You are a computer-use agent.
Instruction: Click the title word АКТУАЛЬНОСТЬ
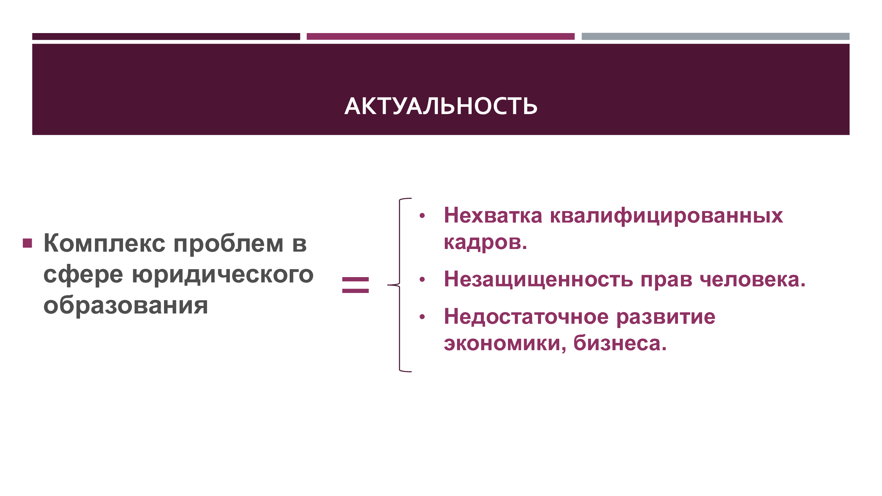[x=441, y=106]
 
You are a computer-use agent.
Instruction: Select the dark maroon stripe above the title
[x=166, y=36]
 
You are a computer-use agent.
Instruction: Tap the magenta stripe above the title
[x=440, y=36]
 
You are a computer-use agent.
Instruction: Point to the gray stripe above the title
[x=715, y=36]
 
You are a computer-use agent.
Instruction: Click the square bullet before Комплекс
[x=27, y=243]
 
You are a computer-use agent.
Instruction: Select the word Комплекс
[x=105, y=243]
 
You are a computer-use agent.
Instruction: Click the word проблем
[x=229, y=244]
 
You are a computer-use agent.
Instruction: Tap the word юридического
[x=223, y=275]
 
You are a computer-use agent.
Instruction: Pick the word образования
[x=126, y=305]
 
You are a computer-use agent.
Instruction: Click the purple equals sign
[x=356, y=285]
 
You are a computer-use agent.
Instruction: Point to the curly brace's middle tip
[x=388, y=285]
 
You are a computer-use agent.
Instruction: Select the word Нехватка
[x=493, y=215]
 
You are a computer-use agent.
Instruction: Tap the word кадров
[x=485, y=243]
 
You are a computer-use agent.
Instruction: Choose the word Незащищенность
[x=538, y=279]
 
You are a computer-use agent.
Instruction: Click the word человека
[x=753, y=279]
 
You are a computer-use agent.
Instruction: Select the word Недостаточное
[x=526, y=316]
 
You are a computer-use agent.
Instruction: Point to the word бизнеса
[x=620, y=343]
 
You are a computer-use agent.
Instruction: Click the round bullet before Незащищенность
[x=422, y=279]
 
